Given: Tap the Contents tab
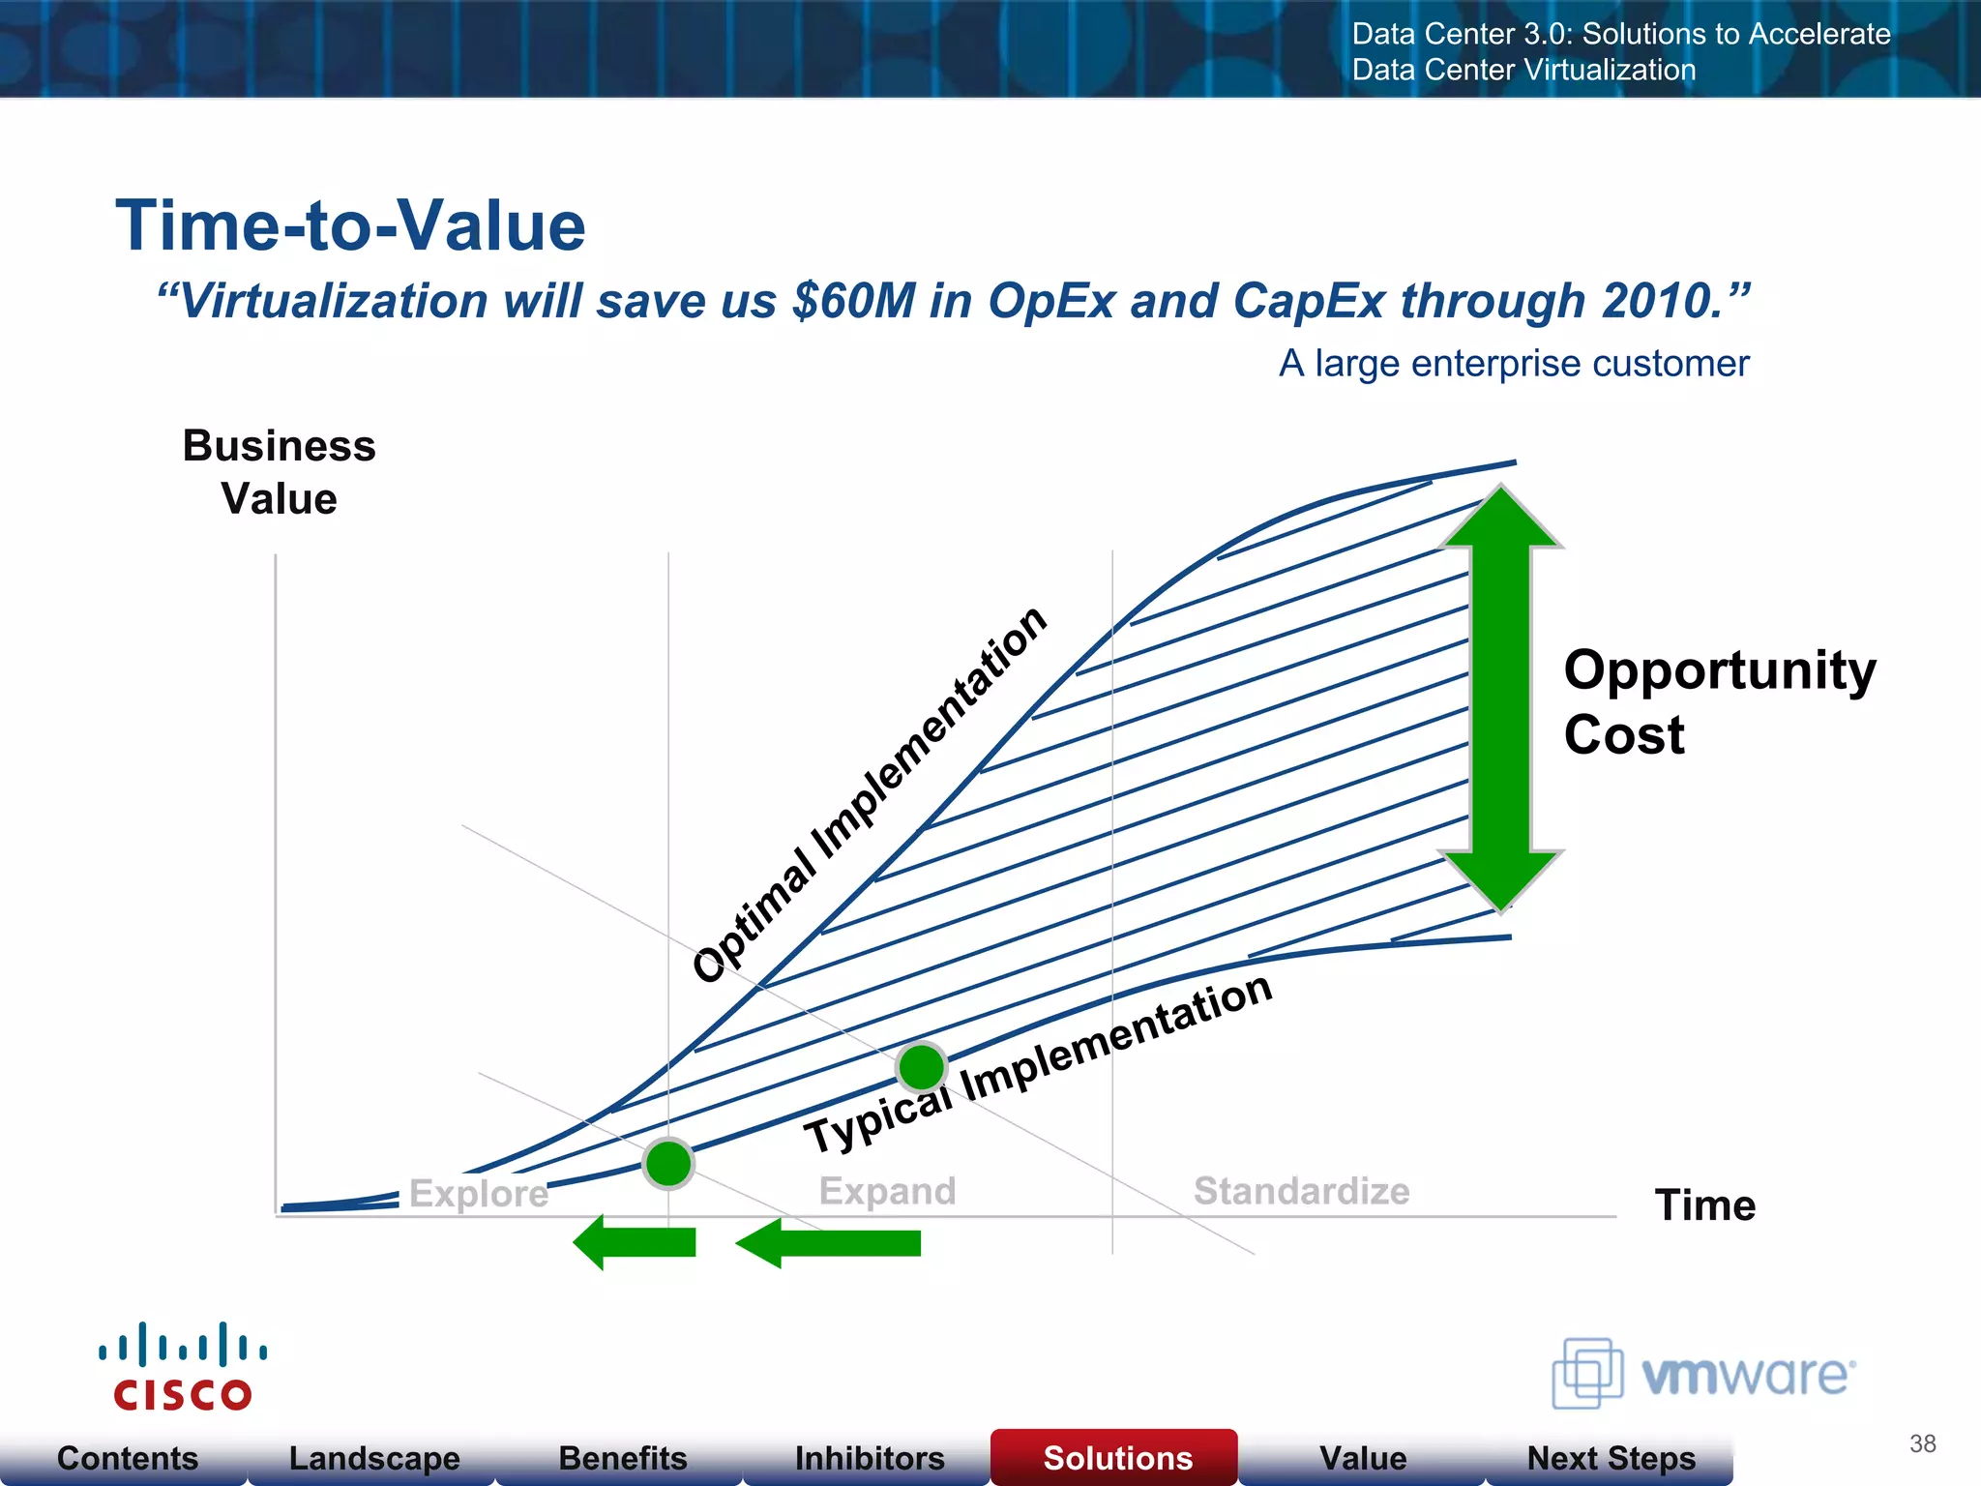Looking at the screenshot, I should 127,1458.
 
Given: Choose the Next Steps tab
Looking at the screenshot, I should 1611,1458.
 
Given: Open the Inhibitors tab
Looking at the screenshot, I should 869,1458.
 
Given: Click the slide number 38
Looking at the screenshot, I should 1922,1443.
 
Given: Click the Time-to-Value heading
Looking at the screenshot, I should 350,225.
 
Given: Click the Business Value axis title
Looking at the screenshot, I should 279,472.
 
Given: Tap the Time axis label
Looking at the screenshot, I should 1704,1205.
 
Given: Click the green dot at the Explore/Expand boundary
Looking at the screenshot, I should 668,1163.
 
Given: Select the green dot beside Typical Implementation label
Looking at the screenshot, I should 921,1067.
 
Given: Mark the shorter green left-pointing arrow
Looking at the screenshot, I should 636,1242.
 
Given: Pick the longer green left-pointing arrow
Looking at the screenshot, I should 829,1243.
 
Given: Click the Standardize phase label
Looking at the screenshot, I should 1301,1190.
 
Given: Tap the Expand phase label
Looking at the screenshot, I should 887,1190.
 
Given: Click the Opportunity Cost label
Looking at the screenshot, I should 1718,701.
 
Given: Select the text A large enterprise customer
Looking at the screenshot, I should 1514,364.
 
